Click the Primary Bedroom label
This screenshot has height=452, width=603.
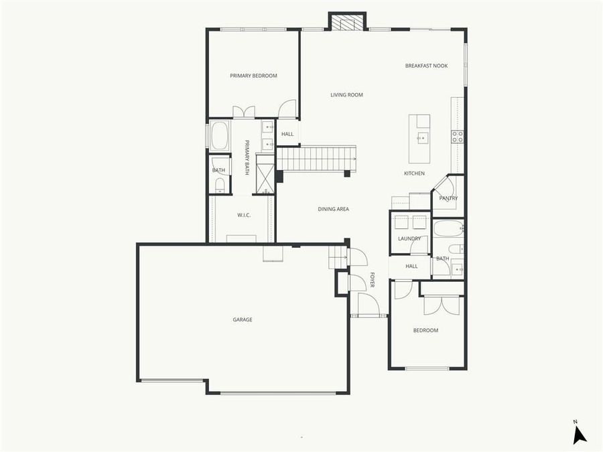[x=253, y=76]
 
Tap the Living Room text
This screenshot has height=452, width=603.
[x=346, y=95]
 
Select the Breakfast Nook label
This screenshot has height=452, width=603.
[x=426, y=66]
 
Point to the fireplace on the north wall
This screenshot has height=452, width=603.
[x=347, y=23]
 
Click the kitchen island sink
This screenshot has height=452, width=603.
[x=422, y=139]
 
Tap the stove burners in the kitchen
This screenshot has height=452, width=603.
[x=457, y=137]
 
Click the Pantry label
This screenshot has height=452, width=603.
[x=448, y=198]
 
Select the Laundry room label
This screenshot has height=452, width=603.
[x=409, y=238]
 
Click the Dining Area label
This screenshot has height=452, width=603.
[x=333, y=209]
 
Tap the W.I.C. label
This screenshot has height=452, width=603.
[x=243, y=215]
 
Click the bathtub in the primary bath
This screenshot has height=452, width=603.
[x=220, y=136]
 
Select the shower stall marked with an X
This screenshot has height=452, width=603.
[x=265, y=177]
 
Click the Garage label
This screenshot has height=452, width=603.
[x=243, y=319]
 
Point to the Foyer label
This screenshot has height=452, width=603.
[x=372, y=281]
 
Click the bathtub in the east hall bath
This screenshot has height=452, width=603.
[x=448, y=229]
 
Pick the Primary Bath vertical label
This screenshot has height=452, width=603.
[x=247, y=157]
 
